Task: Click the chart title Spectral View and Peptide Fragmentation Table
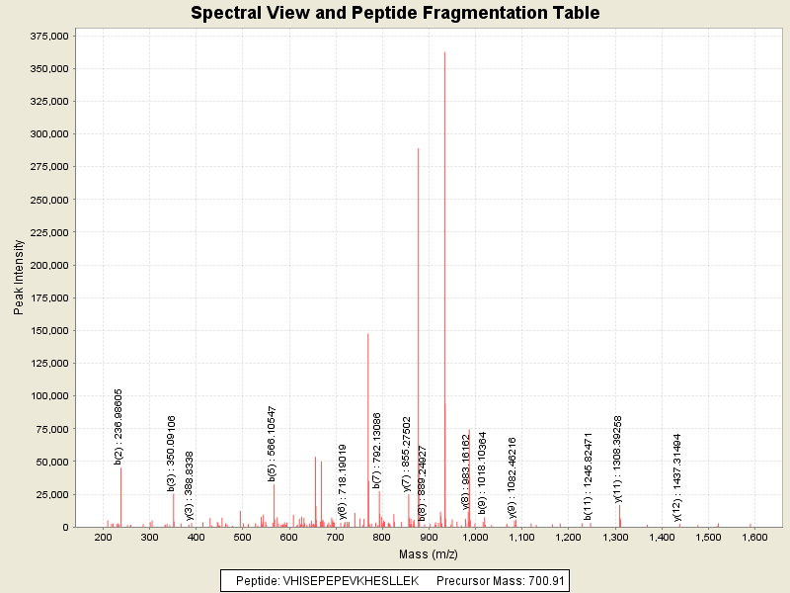click(x=395, y=13)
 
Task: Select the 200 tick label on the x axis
click(x=103, y=538)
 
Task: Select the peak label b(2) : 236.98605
click(x=118, y=426)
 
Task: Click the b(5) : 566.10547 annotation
click(x=273, y=443)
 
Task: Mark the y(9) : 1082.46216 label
click(x=513, y=477)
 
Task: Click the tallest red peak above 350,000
click(x=444, y=198)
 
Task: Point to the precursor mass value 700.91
click(x=544, y=581)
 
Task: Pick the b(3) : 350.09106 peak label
click(x=171, y=453)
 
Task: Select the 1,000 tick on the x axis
click(x=475, y=538)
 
